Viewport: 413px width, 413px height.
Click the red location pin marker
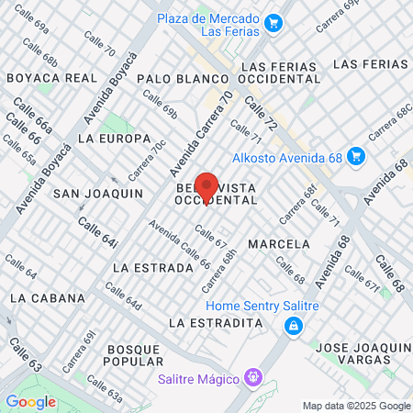(206, 186)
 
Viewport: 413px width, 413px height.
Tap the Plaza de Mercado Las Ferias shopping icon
(273, 23)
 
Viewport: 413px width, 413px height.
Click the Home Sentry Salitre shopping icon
(293, 325)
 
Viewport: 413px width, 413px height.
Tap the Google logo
(30, 401)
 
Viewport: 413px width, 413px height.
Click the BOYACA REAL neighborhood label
(51, 78)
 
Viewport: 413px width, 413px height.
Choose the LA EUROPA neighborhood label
(114, 139)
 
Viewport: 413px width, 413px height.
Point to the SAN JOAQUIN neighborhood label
(97, 194)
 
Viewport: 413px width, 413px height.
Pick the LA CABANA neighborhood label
(48, 298)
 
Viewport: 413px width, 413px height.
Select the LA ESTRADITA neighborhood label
(217, 323)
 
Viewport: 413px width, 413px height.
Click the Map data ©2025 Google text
(357, 406)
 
